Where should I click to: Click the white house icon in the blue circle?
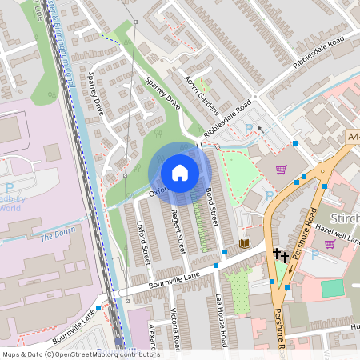pyautogui.click(x=180, y=172)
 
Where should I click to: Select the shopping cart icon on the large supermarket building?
pyautogui.click(x=282, y=169)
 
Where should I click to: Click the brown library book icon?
pyautogui.click(x=244, y=243)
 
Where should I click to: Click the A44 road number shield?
pyautogui.click(x=353, y=138)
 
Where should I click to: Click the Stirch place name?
pyautogui.click(x=344, y=218)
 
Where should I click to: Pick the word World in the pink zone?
pyautogui.click(x=10, y=208)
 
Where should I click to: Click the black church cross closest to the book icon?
pyautogui.click(x=276, y=254)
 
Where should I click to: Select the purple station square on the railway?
pyautogui.click(x=119, y=341)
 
